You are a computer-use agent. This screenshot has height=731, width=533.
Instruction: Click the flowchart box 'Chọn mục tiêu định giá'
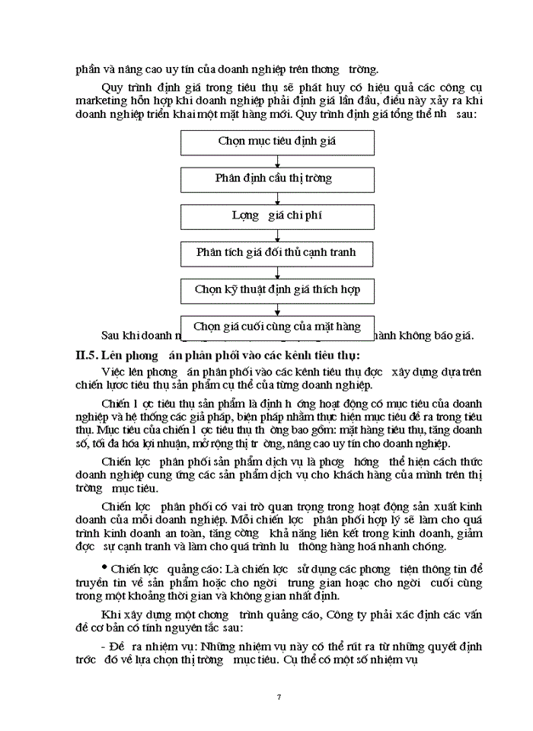[277, 142]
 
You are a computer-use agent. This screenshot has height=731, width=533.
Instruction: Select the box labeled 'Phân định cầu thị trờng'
[277, 179]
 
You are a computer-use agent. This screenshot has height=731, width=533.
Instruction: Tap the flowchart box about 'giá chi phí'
[277, 216]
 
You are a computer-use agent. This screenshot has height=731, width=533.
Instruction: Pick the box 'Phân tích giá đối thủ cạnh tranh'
[277, 253]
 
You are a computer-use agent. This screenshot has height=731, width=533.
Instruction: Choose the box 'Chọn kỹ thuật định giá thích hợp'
[277, 290]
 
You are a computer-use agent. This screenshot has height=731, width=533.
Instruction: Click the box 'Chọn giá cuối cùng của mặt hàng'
[277, 327]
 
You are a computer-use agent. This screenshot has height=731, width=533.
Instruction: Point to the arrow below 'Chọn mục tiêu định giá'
[277, 161]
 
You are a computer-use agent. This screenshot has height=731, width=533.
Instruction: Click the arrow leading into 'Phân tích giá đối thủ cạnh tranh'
[277, 235]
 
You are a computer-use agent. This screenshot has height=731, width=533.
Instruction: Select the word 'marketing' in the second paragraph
[101, 101]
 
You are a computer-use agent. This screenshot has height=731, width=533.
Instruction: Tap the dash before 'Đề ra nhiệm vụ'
[103, 646]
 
